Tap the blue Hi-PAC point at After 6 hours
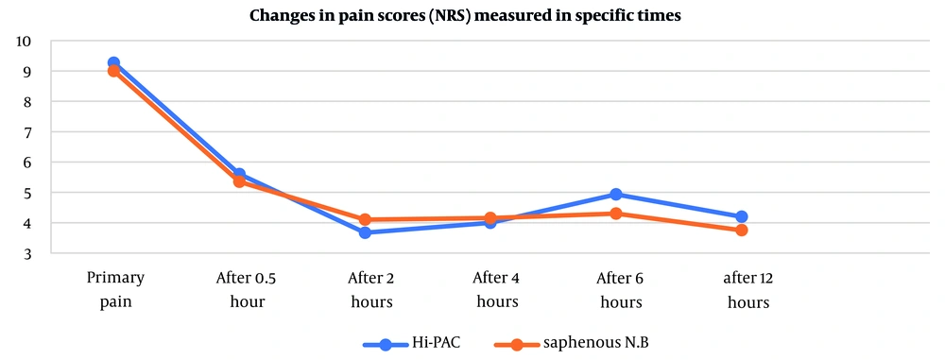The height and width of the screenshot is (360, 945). click(616, 195)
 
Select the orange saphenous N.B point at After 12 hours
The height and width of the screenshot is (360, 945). click(742, 230)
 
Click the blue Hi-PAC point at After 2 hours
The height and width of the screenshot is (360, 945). click(365, 232)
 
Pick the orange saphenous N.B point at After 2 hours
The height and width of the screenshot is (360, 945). click(365, 219)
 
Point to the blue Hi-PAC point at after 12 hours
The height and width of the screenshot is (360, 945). click(742, 216)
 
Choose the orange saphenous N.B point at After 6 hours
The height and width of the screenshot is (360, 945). click(616, 214)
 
